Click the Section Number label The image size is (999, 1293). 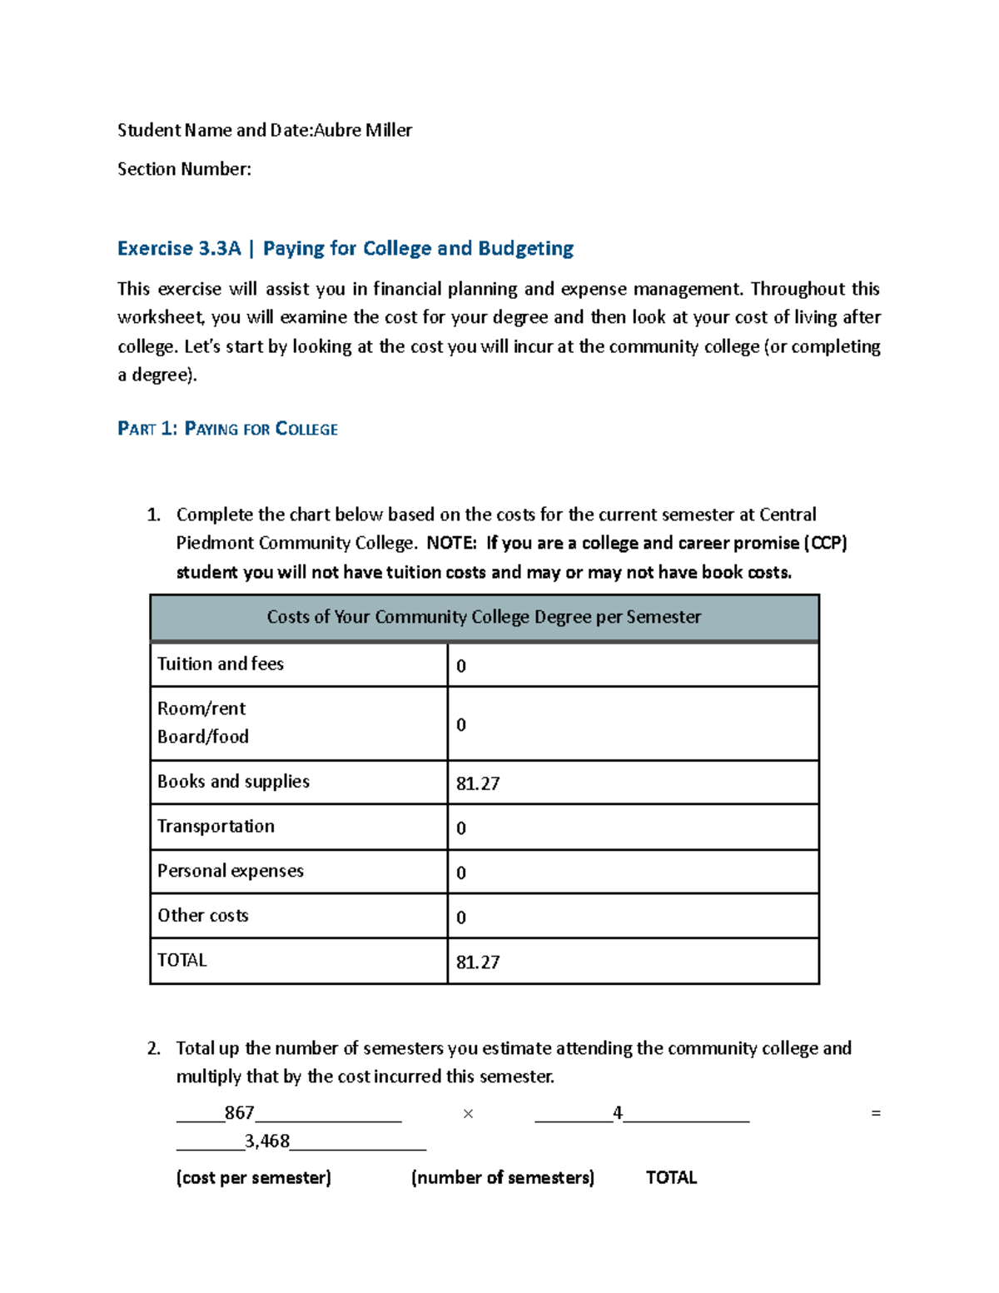point(184,170)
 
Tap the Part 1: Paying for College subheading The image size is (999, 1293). point(227,430)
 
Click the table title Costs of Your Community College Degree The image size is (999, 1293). point(484,617)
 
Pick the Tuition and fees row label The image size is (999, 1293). point(221,664)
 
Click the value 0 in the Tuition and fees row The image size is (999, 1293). point(461,667)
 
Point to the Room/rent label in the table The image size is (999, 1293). point(201,709)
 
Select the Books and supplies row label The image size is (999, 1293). point(233,782)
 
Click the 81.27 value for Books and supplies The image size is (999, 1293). point(478,784)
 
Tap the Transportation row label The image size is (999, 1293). point(216,827)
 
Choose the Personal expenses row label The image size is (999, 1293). point(231,872)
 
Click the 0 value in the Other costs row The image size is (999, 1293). point(461,918)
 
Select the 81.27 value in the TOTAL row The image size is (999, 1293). point(478,963)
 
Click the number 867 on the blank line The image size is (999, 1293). point(239,1113)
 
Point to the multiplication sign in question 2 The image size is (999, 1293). point(468,1114)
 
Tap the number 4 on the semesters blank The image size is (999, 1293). point(617,1113)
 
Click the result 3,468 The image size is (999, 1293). point(267,1141)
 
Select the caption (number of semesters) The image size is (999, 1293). point(503,1178)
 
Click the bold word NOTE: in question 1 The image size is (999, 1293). point(452,544)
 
